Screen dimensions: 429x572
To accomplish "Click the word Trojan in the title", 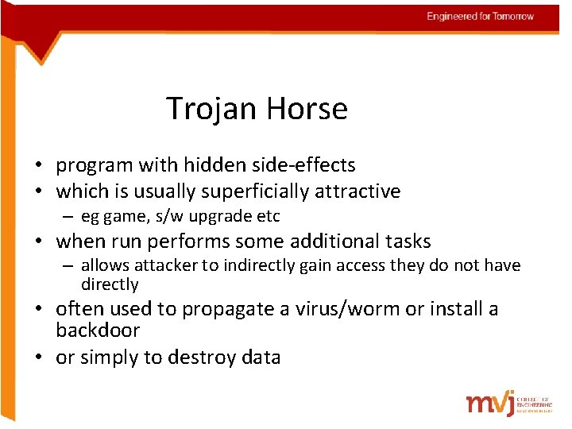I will tap(209, 109).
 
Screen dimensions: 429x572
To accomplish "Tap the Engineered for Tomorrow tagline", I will tap(480, 17).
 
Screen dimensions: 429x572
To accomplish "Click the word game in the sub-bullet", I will tap(122, 217).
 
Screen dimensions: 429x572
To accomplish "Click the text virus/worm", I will tap(341, 309).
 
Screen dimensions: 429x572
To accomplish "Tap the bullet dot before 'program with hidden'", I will tap(38, 166).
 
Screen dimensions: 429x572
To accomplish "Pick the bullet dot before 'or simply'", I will tap(38, 357).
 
